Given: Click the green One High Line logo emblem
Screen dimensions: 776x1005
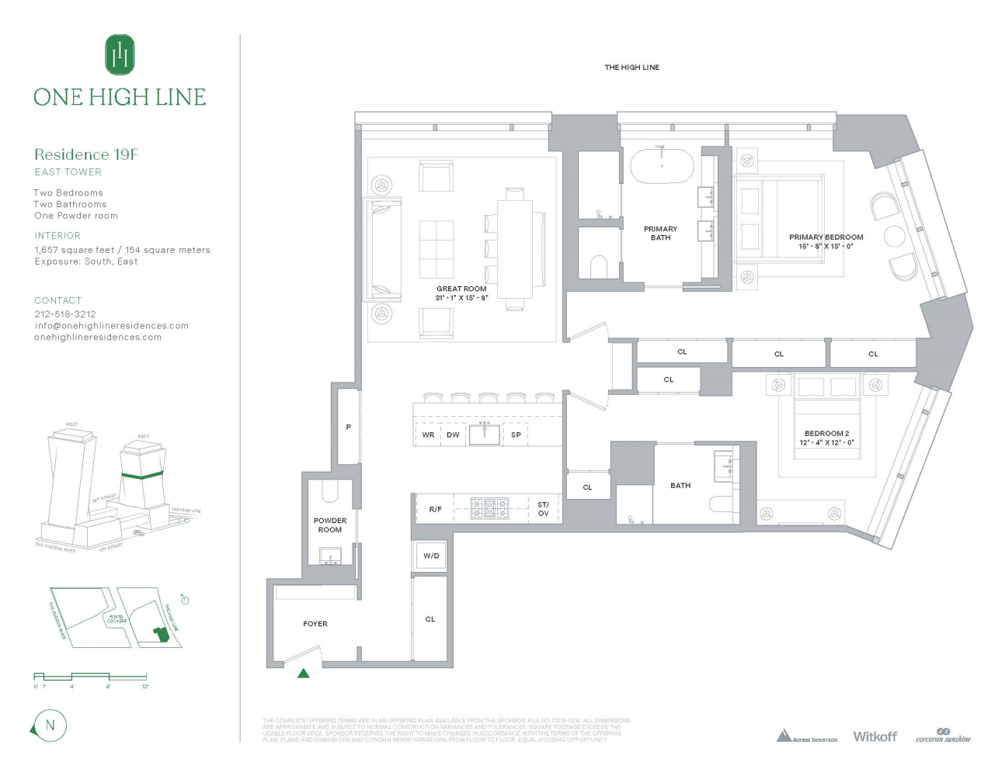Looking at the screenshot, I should point(120,54).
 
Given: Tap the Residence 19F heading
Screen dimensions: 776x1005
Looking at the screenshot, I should point(86,154).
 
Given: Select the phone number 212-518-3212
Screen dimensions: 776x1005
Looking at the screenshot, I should point(65,314).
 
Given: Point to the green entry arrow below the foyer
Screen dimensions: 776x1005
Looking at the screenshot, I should point(304,674).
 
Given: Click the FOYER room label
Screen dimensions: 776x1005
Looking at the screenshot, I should point(315,624).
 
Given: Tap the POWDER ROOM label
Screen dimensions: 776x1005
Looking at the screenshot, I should point(330,525).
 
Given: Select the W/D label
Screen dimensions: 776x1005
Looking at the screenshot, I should point(431,556).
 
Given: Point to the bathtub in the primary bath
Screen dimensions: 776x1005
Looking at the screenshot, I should point(662,165).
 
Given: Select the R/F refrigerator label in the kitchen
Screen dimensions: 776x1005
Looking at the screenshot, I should point(435,509).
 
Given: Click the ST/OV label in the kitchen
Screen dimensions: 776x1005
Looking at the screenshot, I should point(543,509).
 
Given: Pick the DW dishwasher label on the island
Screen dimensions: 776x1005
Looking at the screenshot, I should point(453,435).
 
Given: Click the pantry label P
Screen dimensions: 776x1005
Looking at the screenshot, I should point(349,427).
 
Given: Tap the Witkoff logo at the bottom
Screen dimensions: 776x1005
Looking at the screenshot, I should point(875,736).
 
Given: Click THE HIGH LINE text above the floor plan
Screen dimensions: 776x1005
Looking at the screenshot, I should point(631,68).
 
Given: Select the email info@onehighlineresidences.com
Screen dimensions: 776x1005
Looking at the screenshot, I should point(112,326).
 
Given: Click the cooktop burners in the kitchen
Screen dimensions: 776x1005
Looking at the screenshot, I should point(490,508).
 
